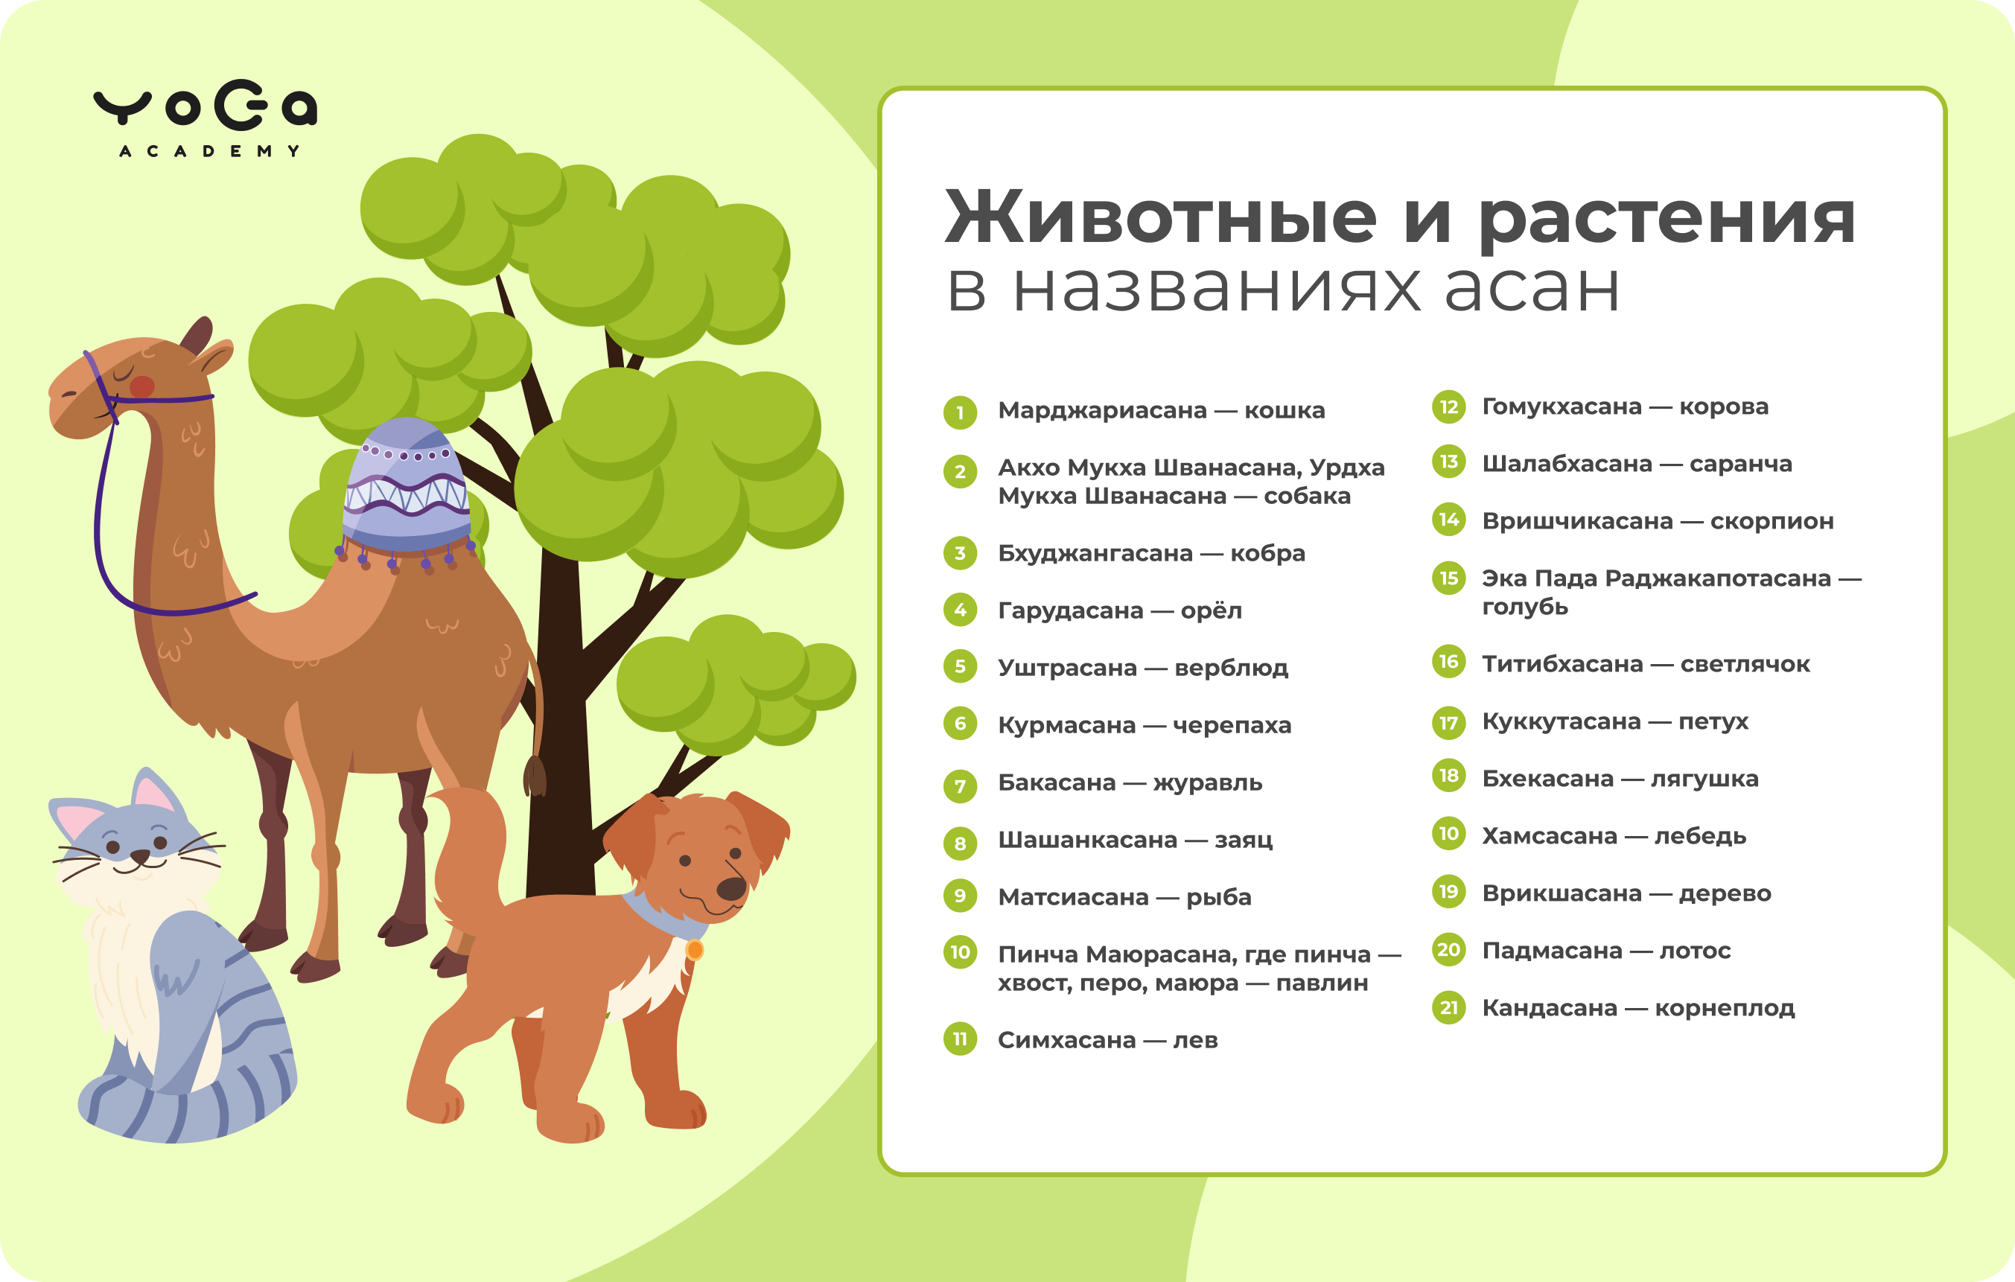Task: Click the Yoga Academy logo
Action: click(205, 118)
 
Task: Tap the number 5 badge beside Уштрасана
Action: click(960, 666)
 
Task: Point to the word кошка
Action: click(1285, 410)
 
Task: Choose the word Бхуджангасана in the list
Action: click(1095, 553)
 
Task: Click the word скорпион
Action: click(1772, 521)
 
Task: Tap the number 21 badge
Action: click(1448, 1007)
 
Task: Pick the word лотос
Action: click(1695, 951)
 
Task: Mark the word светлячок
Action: click(1745, 663)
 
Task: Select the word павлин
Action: click(1322, 983)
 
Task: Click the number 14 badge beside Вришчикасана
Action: click(1448, 520)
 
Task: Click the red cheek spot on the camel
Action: click(142, 386)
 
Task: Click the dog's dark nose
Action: click(732, 888)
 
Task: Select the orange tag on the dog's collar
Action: click(695, 950)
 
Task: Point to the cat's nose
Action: click(140, 856)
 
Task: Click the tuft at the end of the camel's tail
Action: click(535, 776)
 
